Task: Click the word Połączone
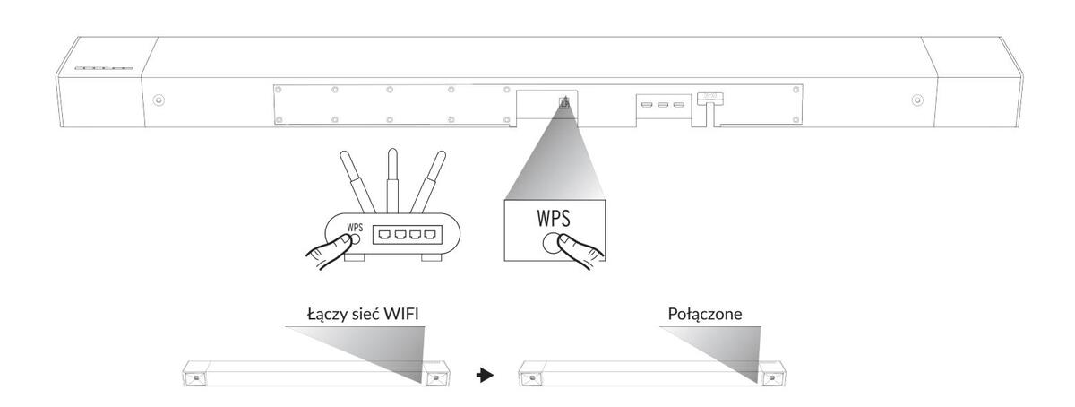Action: (703, 316)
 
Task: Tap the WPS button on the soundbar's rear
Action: (563, 102)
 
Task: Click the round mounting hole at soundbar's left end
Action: (159, 100)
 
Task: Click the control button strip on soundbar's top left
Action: (103, 68)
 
